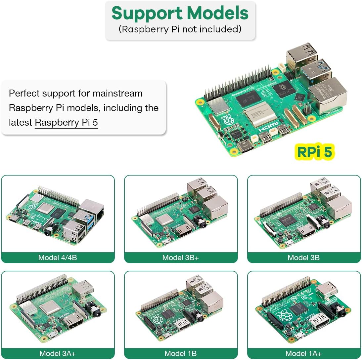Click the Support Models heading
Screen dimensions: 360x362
tap(180, 14)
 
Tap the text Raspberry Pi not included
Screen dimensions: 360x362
tap(180, 29)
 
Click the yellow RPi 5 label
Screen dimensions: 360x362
tap(314, 152)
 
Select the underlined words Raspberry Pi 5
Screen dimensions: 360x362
tap(66, 123)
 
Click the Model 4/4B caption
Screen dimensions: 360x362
tap(58, 258)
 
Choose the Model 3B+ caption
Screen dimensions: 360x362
tap(180, 258)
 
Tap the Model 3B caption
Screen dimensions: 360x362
tap(303, 258)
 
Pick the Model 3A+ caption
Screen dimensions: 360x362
tap(58, 353)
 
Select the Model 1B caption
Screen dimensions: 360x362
tap(180, 353)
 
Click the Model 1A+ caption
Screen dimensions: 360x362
tap(303, 353)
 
